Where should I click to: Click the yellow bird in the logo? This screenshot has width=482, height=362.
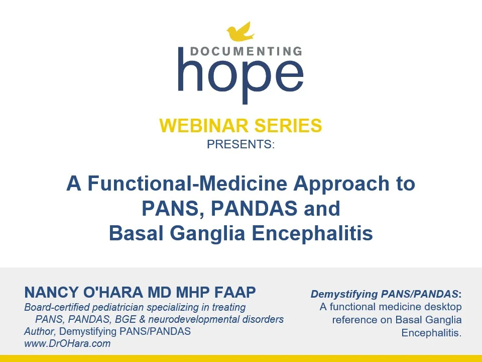coord(240,32)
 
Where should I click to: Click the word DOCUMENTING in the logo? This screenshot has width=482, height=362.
coord(246,51)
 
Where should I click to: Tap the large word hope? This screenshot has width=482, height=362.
coord(240,75)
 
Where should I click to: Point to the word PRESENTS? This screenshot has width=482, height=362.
coord(240,144)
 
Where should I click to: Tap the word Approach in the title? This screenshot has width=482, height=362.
coord(341,184)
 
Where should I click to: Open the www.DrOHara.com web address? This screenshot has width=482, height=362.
coord(67,344)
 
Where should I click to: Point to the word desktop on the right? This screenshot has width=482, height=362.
coord(444,307)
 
